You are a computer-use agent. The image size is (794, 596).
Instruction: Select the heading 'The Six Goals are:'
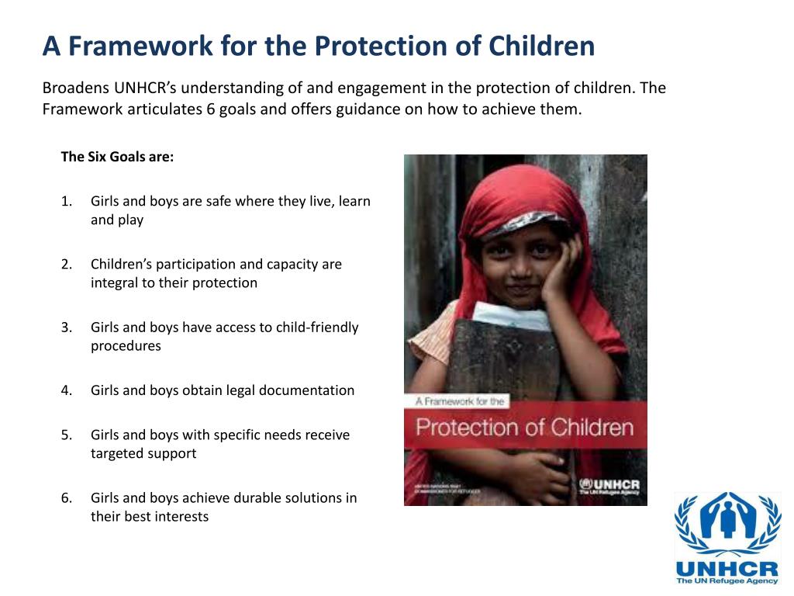coord(117,157)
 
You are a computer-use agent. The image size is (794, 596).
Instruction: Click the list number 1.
coord(66,202)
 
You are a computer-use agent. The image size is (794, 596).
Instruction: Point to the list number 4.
coord(66,390)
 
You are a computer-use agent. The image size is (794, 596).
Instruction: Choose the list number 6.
coord(66,498)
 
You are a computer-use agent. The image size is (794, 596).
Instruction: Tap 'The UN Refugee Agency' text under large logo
coord(727,580)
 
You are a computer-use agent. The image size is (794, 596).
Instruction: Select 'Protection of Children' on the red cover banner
coord(525,426)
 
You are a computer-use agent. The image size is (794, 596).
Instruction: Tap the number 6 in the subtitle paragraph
coord(210,109)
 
